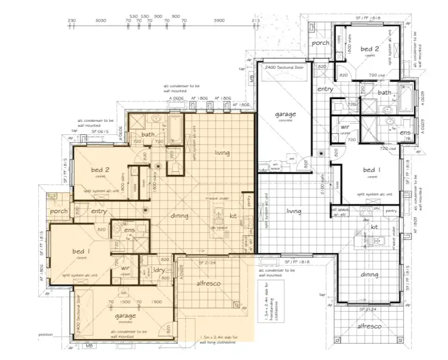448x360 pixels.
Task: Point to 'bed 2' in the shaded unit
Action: coord(99,170)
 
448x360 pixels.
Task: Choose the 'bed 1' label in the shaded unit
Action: coord(81,251)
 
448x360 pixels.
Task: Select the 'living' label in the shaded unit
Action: coord(223,153)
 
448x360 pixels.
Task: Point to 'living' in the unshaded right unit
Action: coord(293,211)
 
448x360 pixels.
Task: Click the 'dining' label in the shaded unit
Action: coord(179,216)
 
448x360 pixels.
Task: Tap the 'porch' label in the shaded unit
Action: coord(59,211)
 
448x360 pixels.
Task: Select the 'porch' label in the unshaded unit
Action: coord(321,43)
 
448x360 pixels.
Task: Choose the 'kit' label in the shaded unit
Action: coord(234,216)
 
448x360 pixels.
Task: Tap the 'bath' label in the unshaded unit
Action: coord(384,93)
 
